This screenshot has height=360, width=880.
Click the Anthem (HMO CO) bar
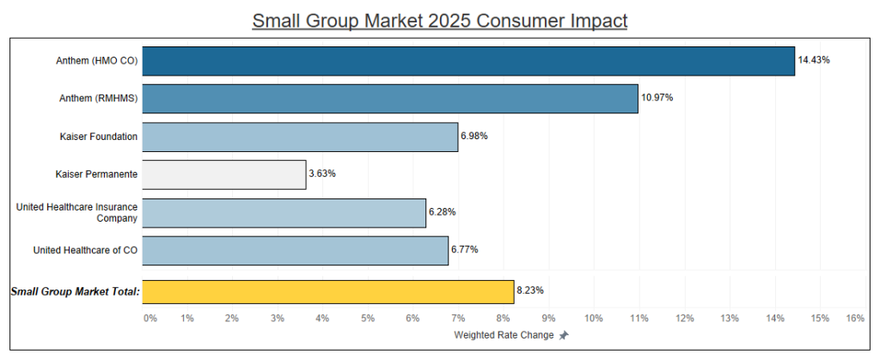(x=468, y=61)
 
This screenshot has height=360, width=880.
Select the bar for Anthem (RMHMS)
(x=390, y=98)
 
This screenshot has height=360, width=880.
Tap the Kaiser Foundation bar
(x=300, y=137)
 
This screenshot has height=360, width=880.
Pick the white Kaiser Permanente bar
(x=224, y=174)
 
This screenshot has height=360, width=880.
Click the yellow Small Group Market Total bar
(x=328, y=292)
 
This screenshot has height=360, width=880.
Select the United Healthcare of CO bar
(x=295, y=250)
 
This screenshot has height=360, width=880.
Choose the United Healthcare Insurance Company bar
(x=284, y=212)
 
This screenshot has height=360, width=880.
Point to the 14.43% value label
(x=814, y=60)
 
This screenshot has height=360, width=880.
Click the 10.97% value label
(x=657, y=98)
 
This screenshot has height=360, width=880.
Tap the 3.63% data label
(x=323, y=174)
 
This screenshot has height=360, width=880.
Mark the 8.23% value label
(x=531, y=291)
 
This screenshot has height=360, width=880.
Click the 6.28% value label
(x=443, y=212)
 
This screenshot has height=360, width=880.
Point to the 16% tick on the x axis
(x=854, y=319)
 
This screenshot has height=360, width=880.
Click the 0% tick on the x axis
(x=150, y=319)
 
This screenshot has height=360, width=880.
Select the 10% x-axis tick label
(x=594, y=319)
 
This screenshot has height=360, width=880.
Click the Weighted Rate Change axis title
(x=503, y=335)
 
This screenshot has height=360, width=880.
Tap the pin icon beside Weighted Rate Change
(x=564, y=336)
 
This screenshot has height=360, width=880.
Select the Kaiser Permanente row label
(x=96, y=174)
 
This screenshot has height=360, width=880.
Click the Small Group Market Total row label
(x=76, y=292)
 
